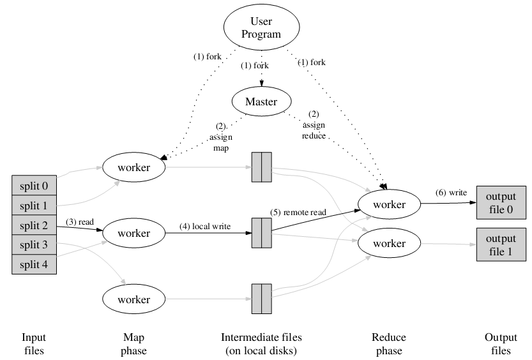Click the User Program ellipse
pos(261,28)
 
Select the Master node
pos(261,101)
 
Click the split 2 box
pos(34,225)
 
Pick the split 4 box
pos(34,264)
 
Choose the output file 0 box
pos(501,203)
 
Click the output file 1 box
pos(501,244)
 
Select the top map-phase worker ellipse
pos(134,168)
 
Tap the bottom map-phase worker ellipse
pos(134,299)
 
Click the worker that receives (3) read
pos(134,234)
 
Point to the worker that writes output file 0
pos(389,204)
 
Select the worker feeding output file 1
pos(389,243)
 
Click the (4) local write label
pos(205,226)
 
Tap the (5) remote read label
pos(297,211)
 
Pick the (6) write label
pos(450,192)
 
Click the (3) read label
pos(80,221)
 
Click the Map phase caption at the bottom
pos(133,344)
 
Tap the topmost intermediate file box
pos(261,168)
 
